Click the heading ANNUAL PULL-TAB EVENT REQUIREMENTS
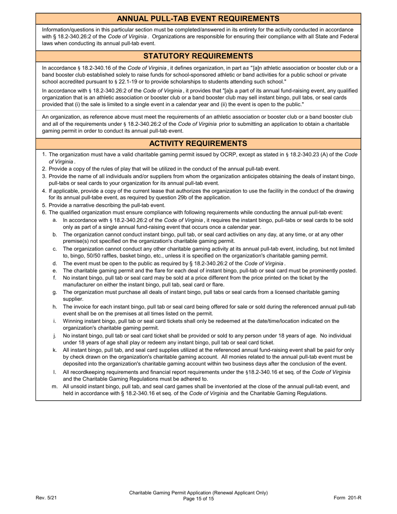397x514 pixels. click(x=198, y=18)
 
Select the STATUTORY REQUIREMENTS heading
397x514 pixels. click(x=198, y=56)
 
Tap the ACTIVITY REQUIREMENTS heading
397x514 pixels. click(x=198, y=144)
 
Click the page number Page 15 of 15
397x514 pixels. click(x=198, y=499)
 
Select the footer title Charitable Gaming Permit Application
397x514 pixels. click(x=198, y=493)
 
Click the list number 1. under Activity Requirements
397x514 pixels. click(x=44, y=155)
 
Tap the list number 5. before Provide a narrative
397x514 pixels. click(x=44, y=205)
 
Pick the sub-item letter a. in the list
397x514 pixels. click(x=55, y=220)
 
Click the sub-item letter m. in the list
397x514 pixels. click(x=55, y=387)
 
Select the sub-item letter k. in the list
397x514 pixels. click(x=55, y=350)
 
